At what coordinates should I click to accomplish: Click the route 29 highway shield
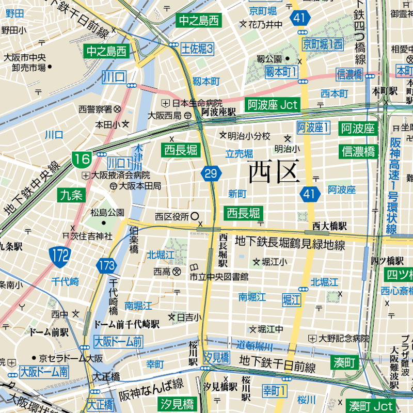211,173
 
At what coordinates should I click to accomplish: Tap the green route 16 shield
82,159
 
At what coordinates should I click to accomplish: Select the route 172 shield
60,254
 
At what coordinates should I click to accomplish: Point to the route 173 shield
106,266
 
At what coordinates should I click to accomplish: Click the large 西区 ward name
274,172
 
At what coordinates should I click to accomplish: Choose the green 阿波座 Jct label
272,105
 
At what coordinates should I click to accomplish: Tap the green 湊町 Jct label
370,405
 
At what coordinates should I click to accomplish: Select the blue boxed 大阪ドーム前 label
118,341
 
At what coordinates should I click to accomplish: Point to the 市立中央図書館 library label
219,277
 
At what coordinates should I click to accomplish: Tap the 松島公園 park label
107,212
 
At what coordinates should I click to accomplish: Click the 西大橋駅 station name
329,226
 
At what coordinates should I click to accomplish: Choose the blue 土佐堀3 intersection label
197,49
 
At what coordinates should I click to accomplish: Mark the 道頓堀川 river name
255,345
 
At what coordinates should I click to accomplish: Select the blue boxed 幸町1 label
275,390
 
